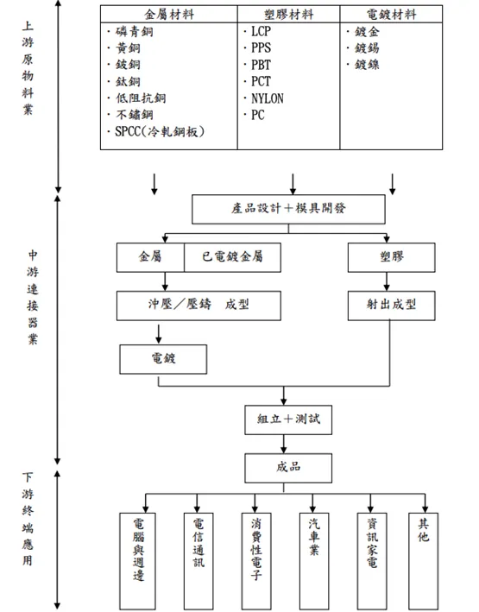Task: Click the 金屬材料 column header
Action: [x=168, y=15]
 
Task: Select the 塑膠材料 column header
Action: [x=288, y=15]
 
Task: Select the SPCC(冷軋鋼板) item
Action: [x=164, y=131]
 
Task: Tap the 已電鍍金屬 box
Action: [x=233, y=257]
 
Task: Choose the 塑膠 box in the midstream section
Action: [x=391, y=257]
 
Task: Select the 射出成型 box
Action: [x=391, y=305]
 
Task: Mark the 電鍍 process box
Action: [x=163, y=355]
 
